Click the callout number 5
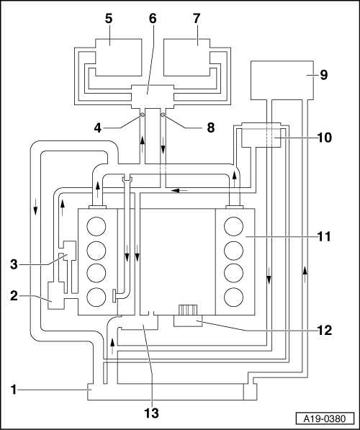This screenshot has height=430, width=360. [x=109, y=19]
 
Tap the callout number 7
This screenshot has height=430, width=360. [x=197, y=19]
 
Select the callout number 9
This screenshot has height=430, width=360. [x=324, y=75]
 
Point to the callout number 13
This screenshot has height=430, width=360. [x=151, y=413]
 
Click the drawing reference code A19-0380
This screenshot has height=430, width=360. [x=325, y=418]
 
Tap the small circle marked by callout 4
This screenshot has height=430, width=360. [x=143, y=115]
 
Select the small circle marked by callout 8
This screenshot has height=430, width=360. [x=163, y=115]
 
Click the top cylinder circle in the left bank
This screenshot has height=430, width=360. [x=96, y=226]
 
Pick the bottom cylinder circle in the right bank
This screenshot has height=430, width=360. [x=233, y=297]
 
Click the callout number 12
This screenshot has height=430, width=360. [x=324, y=331]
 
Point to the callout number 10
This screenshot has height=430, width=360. [x=324, y=138]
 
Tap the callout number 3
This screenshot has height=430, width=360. [x=14, y=264]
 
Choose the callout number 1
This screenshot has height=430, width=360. [x=14, y=390]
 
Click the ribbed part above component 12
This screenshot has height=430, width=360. [x=188, y=310]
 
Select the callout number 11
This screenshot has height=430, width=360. [x=324, y=236]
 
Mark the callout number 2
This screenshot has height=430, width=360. [x=14, y=296]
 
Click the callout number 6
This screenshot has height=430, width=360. [x=153, y=19]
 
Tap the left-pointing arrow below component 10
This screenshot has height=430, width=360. [x=179, y=190]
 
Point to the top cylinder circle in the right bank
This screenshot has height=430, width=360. [x=233, y=226]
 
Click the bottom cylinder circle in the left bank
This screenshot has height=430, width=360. [x=96, y=297]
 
